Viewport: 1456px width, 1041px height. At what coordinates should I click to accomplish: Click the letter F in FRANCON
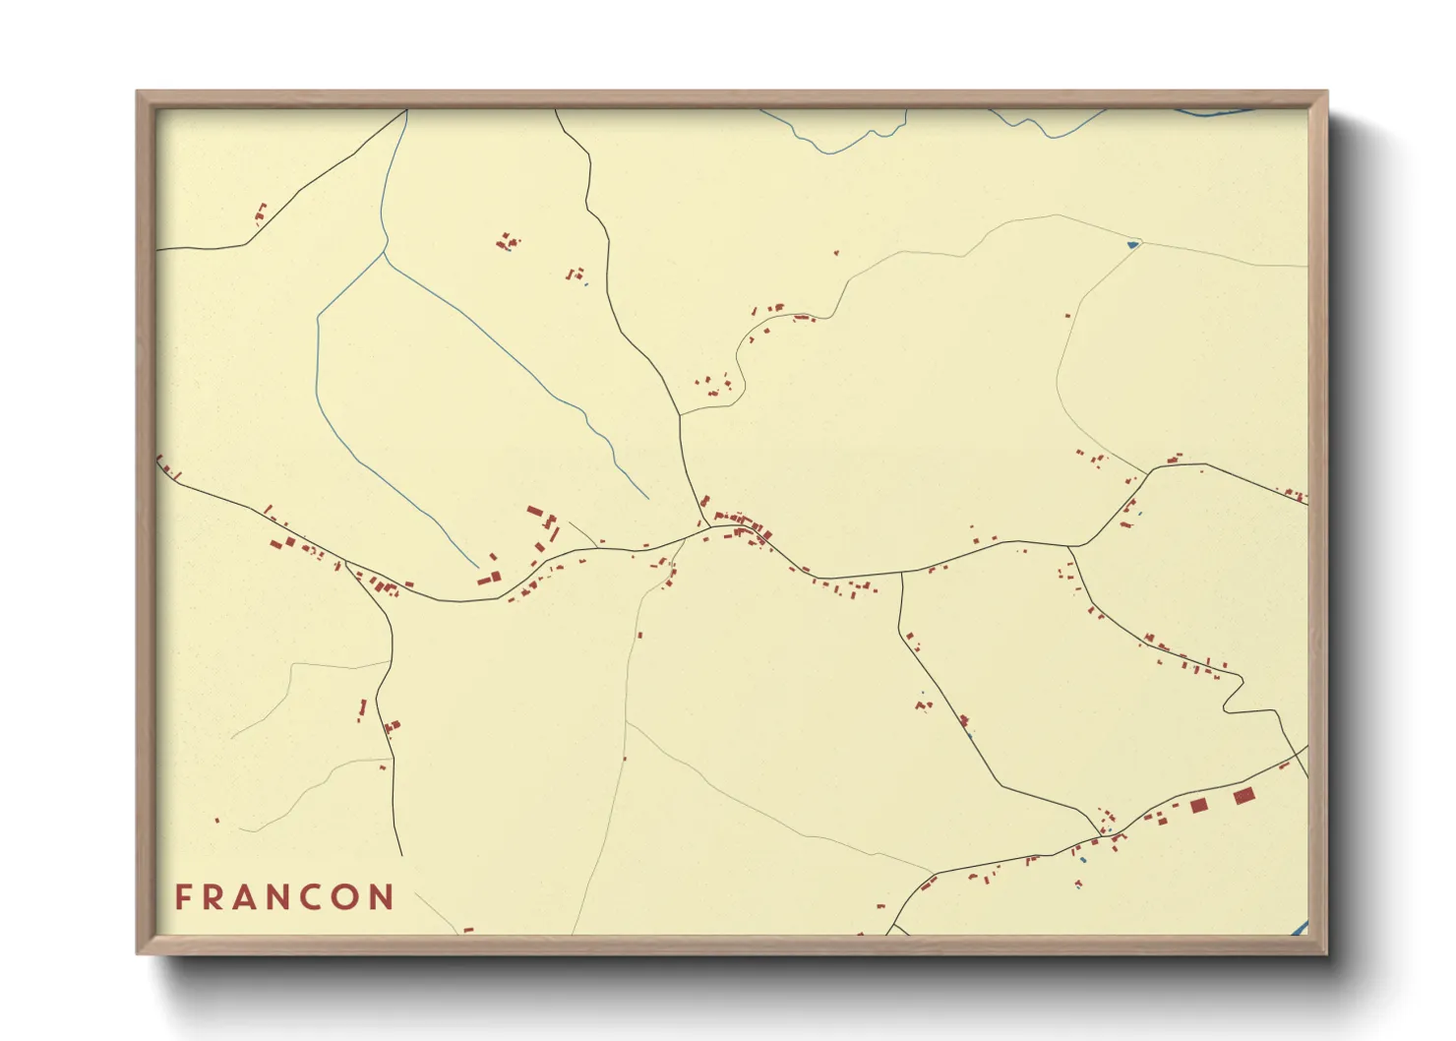coord(183,897)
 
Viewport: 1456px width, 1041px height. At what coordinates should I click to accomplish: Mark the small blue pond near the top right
coord(1132,244)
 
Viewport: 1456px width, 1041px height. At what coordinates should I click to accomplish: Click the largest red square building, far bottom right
coord(1244,795)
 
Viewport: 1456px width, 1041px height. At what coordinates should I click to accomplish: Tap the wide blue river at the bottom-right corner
coord(1298,928)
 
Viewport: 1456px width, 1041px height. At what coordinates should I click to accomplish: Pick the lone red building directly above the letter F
coord(217,820)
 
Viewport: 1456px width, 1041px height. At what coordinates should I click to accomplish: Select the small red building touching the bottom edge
coord(468,930)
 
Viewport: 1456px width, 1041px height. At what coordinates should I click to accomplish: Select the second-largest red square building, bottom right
coord(1198,806)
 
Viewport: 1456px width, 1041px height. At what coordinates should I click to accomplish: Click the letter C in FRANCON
coord(312,897)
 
